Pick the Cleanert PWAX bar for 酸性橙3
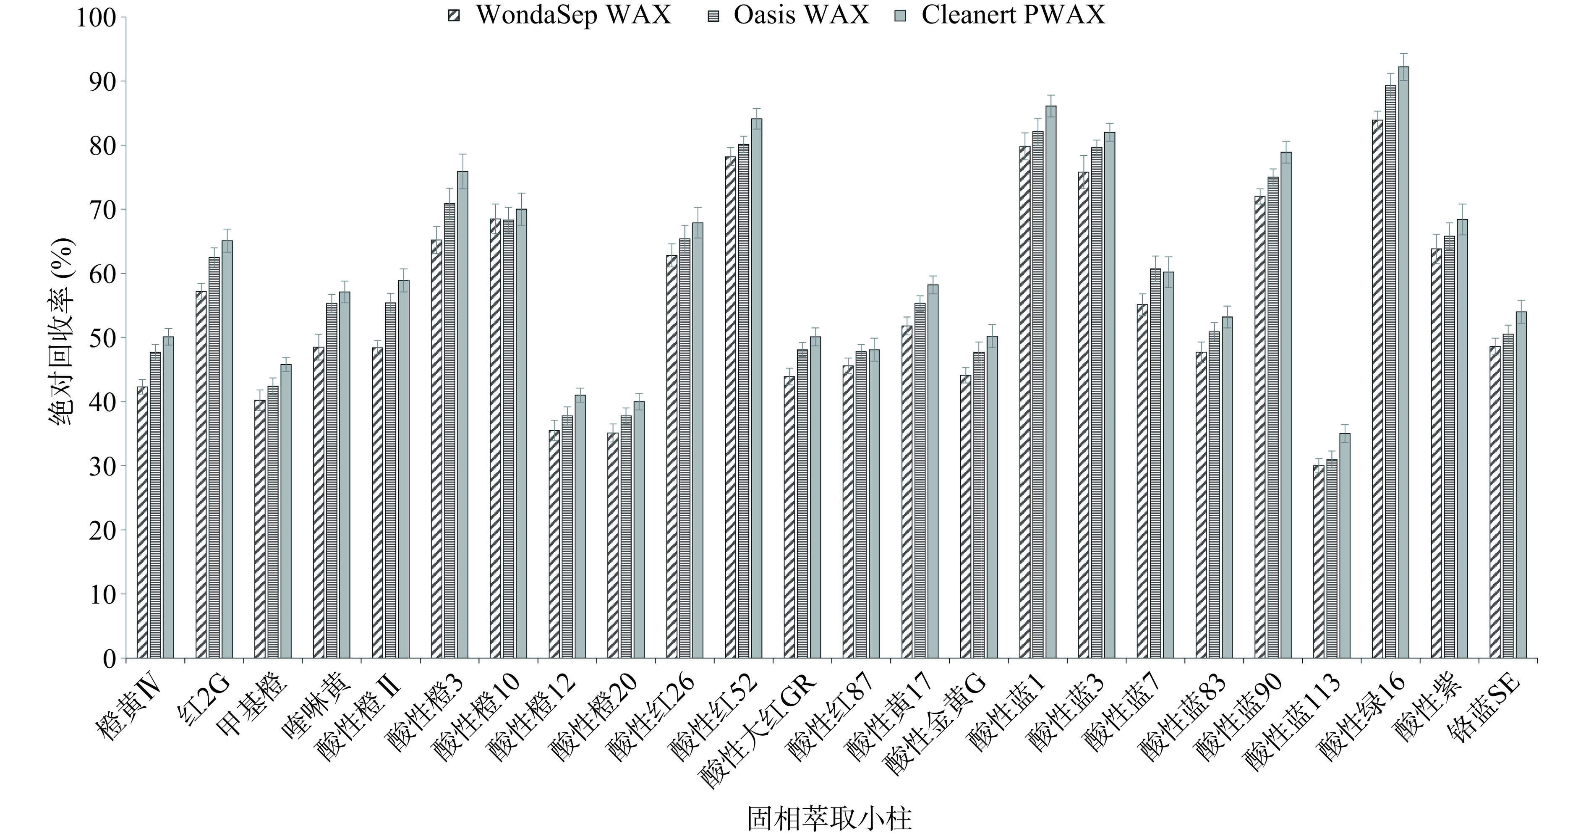click(462, 415)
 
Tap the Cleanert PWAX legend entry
click(1001, 15)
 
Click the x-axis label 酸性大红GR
click(760, 729)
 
